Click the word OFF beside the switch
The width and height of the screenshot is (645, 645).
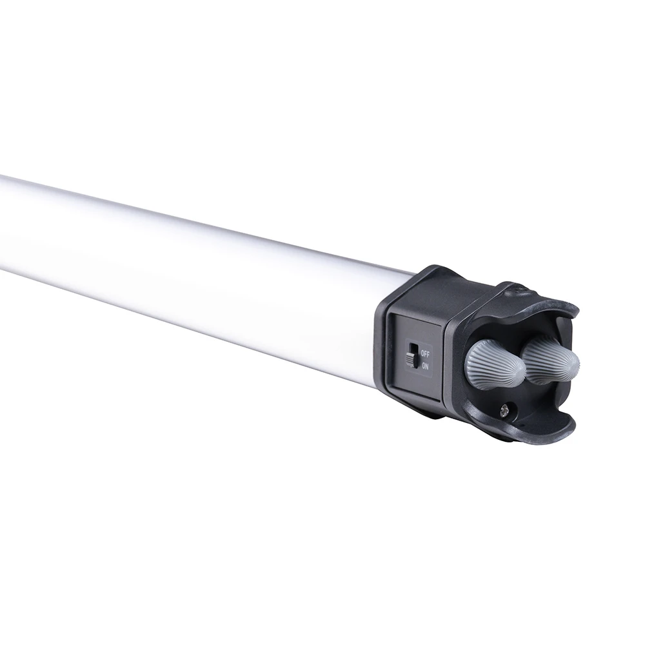[x=425, y=353]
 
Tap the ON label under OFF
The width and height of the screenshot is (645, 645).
[x=425, y=366]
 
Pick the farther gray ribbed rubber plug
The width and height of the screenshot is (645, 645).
[x=548, y=359]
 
